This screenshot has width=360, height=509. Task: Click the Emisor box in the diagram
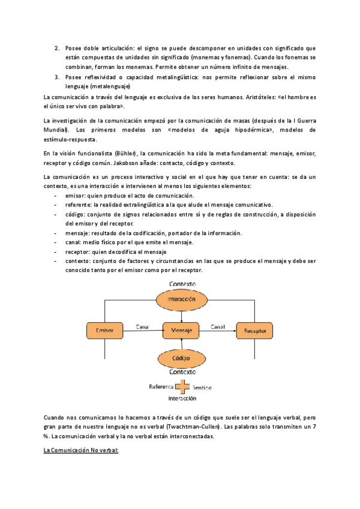[105, 330]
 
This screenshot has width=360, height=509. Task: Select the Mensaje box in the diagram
[181, 330]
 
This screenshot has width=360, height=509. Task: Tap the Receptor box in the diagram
[255, 330]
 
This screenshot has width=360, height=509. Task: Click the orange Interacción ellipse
[181, 298]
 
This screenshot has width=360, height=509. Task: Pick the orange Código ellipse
[181, 358]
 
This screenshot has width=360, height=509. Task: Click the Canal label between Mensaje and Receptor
[218, 327]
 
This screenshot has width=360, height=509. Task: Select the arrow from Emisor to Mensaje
[143, 330]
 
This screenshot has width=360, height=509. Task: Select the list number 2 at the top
[57, 47]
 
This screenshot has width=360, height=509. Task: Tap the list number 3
[57, 77]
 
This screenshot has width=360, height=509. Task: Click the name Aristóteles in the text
[234, 97]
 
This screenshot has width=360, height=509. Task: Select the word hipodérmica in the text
[236, 130]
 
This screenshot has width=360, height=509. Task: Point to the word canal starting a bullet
[74, 242]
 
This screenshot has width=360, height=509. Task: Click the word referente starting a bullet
[79, 205]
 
